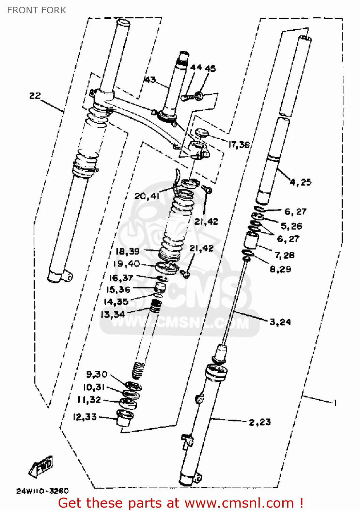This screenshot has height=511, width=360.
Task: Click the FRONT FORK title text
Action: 36,10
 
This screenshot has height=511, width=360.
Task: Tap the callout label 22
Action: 35,96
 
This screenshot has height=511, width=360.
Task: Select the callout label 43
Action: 150,80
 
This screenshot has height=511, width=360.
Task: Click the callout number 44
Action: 196,68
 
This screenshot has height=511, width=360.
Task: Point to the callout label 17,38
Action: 239,145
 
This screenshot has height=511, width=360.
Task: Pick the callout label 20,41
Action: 147,196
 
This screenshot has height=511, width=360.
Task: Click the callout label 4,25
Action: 300,182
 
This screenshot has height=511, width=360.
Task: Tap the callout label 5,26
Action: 291,226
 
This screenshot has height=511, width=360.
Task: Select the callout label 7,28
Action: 284,255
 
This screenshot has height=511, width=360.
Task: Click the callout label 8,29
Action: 280,269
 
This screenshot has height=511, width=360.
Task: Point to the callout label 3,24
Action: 280,322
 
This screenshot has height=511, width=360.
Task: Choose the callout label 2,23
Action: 260,422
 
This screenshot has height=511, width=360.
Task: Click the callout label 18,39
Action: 127,252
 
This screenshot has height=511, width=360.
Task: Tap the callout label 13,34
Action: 112,314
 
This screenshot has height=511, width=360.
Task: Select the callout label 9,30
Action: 97,375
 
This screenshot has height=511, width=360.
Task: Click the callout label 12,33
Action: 85,417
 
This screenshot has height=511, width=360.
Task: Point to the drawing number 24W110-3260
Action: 42,491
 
